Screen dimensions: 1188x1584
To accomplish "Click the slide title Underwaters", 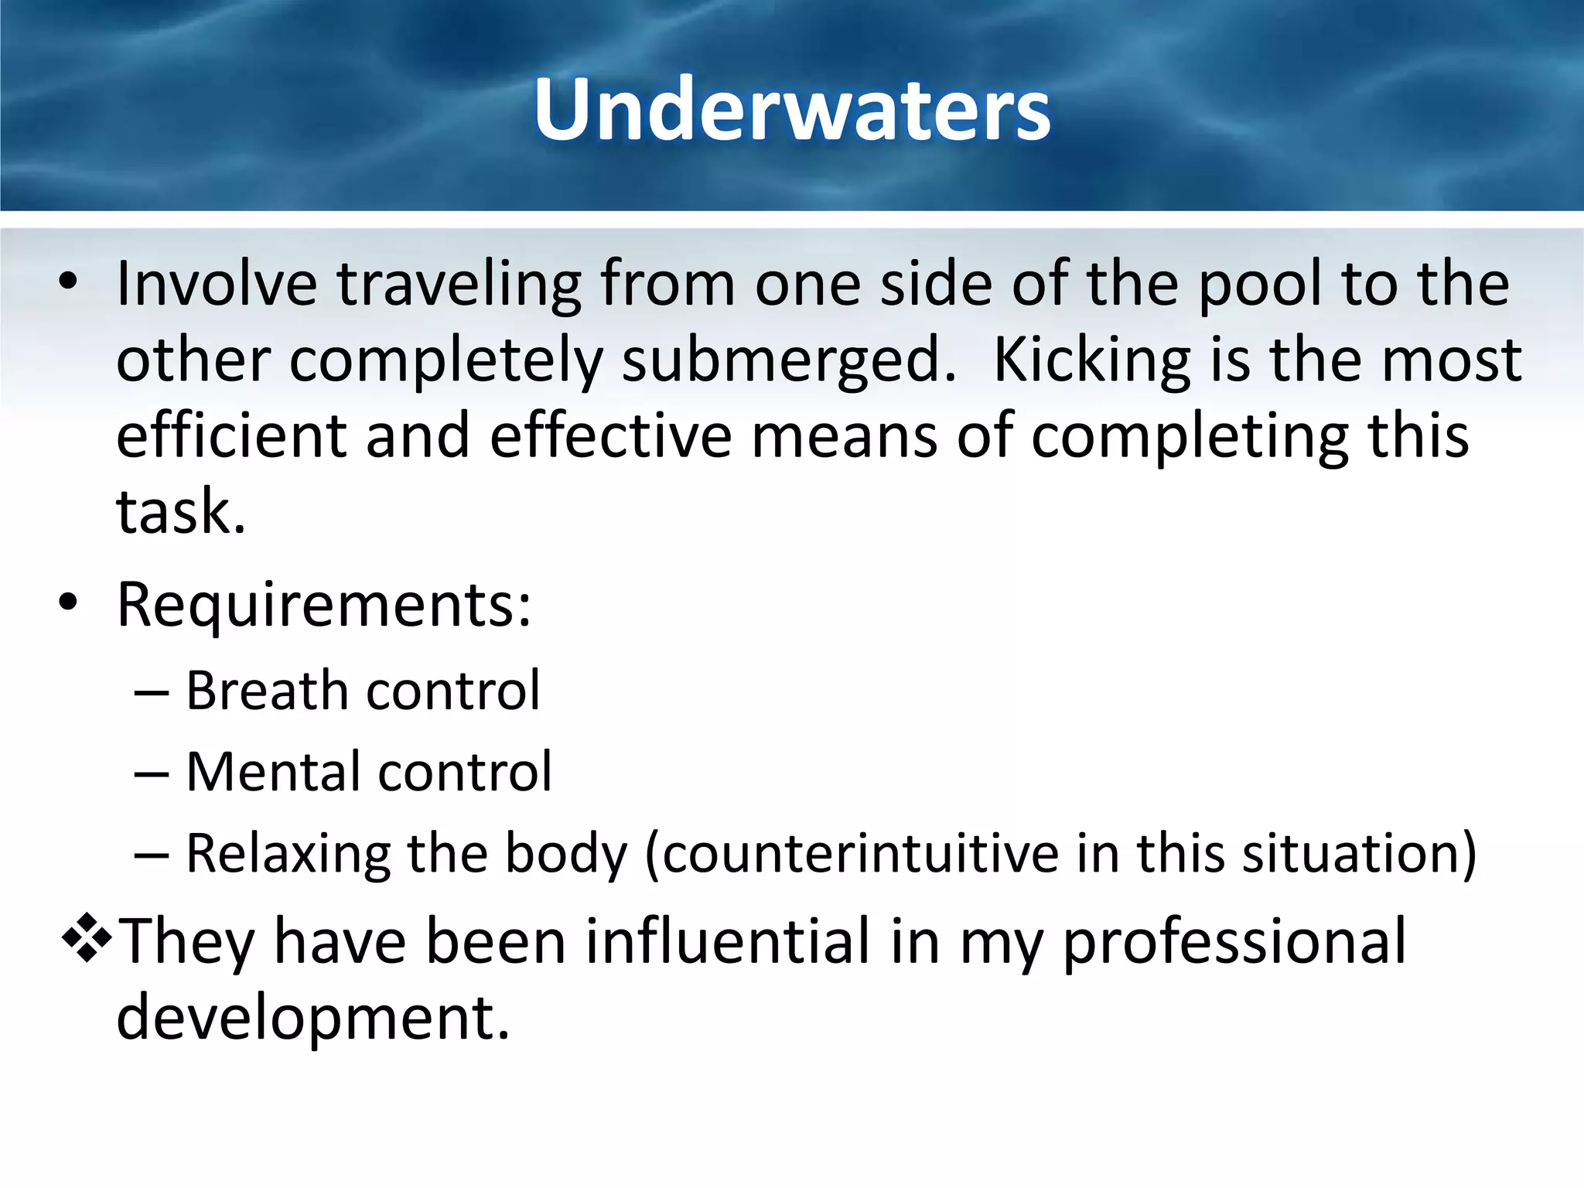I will [x=792, y=110].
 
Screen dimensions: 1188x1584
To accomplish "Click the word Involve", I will [x=217, y=284].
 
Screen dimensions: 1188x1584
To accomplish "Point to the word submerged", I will [x=789, y=362].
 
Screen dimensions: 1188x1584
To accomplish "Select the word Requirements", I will [x=323, y=605].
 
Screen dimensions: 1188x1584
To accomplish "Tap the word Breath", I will [x=266, y=690].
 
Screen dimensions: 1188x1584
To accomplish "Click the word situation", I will [x=1358, y=854].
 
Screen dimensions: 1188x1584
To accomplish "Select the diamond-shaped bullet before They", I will [x=87, y=937].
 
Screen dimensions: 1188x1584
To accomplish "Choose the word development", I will [x=312, y=1019].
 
